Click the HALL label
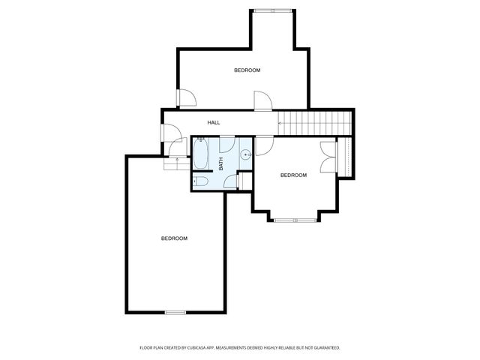coord(214,122)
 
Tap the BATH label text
coord(221,162)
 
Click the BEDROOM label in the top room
coord(247,70)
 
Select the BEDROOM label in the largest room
coord(174,238)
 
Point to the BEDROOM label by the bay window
coord(293,175)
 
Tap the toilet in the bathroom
coord(200,181)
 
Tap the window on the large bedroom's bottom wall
coord(175,311)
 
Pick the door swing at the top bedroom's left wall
coord(186,97)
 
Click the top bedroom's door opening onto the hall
coord(262,102)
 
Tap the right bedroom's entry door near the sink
coord(264,146)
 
